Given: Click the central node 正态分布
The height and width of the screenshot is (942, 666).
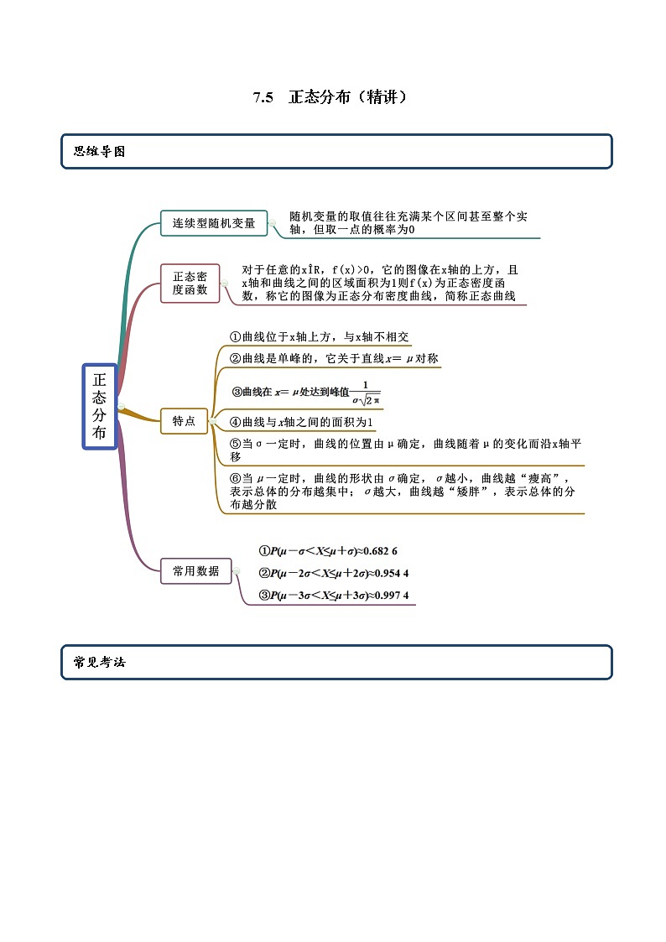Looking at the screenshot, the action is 100,407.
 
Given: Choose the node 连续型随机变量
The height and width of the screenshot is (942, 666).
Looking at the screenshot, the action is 214,223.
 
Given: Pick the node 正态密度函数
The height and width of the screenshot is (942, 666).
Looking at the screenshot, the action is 190,283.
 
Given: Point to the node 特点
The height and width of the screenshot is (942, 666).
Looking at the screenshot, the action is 184,421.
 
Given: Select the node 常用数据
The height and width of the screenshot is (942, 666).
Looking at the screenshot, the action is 195,571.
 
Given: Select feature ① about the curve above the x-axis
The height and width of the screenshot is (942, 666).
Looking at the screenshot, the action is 320,336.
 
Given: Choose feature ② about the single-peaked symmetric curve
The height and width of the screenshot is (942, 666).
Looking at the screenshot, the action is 334,358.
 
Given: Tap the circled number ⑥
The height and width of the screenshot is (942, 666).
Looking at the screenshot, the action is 236,477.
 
